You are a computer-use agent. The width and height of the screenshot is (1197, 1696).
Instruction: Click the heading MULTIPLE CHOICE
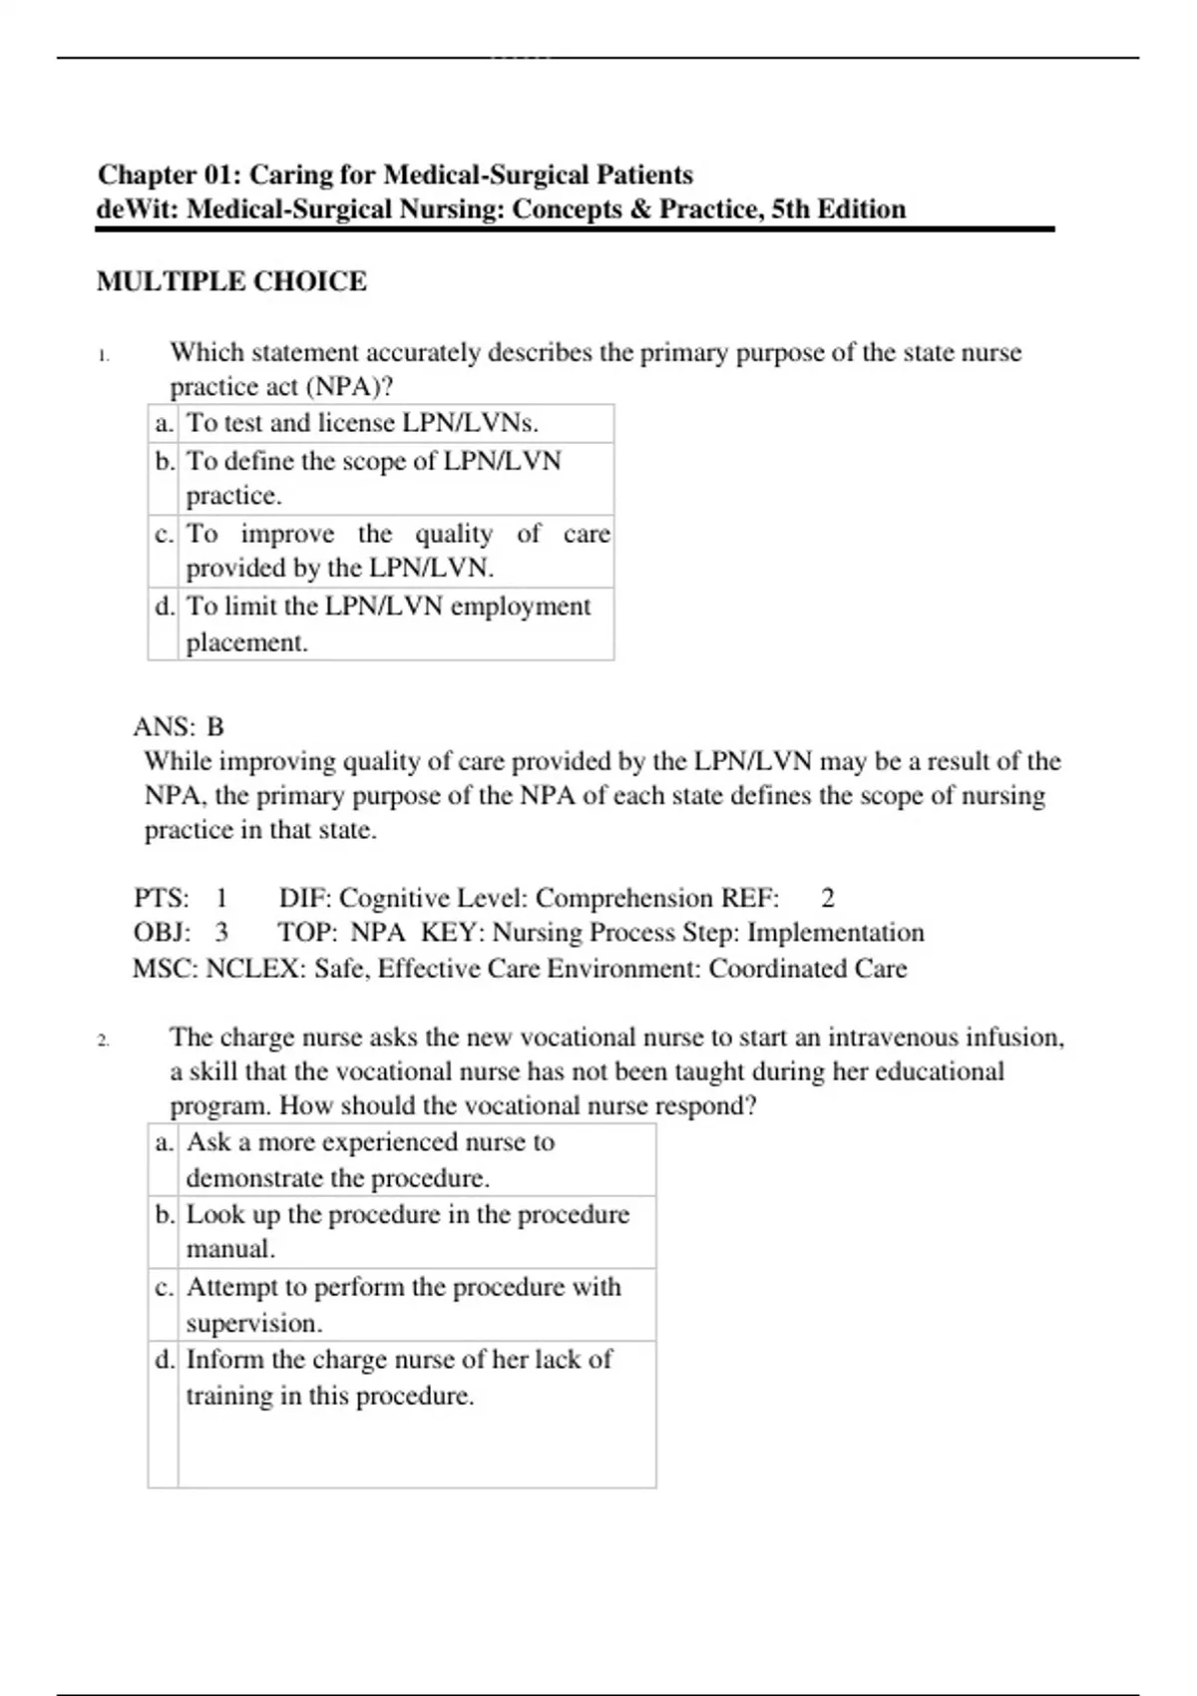click(x=231, y=281)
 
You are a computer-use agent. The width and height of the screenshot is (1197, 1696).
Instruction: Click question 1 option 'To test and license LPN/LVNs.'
click(x=363, y=423)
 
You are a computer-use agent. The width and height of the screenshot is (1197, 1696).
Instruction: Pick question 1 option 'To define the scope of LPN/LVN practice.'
click(x=374, y=477)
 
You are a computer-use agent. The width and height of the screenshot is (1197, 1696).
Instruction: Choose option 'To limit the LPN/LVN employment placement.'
click(x=388, y=624)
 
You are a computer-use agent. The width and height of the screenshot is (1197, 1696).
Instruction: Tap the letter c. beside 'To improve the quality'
click(x=164, y=534)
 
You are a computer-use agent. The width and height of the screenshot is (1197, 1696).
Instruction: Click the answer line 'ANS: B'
click(x=180, y=726)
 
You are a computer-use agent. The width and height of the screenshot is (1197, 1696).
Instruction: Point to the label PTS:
click(x=162, y=898)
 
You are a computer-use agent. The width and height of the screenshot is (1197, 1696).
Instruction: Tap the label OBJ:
click(x=162, y=933)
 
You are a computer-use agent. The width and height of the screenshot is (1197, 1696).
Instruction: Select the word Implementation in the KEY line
click(x=836, y=933)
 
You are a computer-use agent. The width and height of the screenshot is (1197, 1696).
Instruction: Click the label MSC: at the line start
click(x=165, y=969)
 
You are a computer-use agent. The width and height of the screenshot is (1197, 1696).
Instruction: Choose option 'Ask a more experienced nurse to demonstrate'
click(x=370, y=1159)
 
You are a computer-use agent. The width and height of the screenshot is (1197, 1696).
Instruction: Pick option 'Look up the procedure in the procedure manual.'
click(x=407, y=1231)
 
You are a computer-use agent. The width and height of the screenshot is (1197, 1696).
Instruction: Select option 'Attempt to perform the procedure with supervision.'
click(x=403, y=1304)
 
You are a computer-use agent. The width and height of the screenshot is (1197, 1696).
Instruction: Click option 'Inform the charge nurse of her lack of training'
click(x=399, y=1377)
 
